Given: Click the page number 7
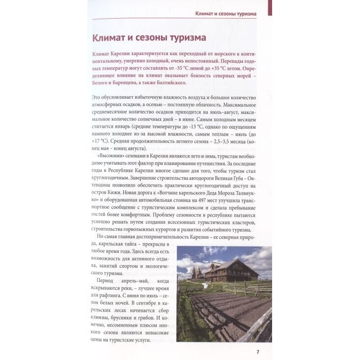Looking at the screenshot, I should click(x=257, y=351).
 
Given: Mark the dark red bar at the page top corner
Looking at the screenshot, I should click(x=270, y=7).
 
